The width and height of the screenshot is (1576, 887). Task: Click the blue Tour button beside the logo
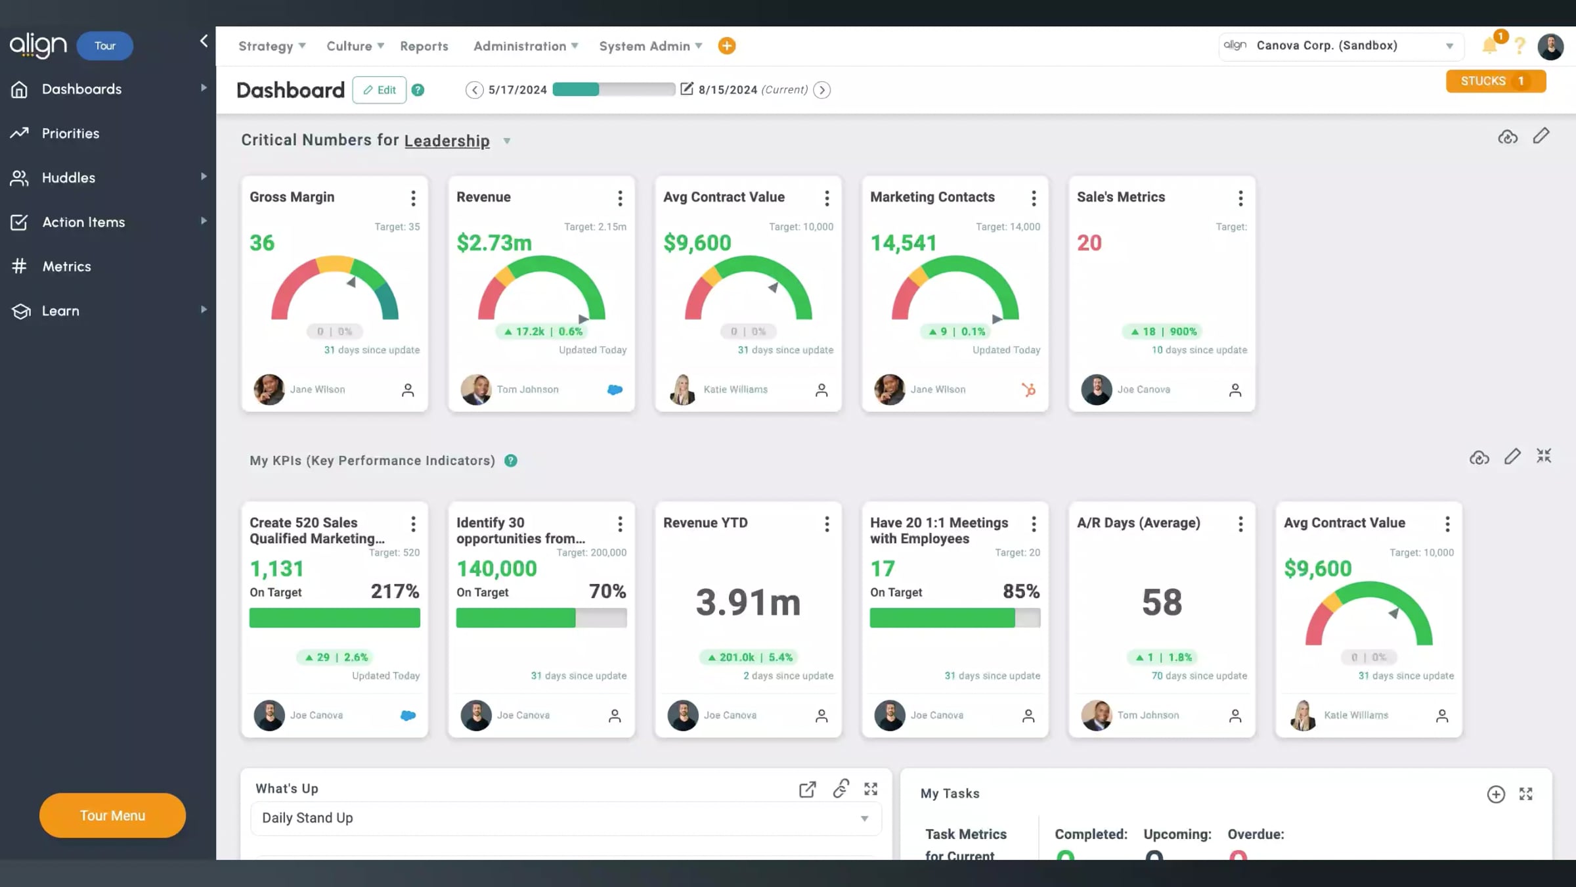pos(105,46)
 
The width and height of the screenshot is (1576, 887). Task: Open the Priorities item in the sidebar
pos(70,133)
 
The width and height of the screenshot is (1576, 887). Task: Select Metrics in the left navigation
pos(66,267)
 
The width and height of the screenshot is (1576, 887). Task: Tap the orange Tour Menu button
pos(112,815)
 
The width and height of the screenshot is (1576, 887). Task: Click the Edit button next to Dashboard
pos(380,90)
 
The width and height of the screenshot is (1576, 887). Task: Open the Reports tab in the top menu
pos(424,46)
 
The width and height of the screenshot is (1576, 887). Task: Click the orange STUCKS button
pos(1496,81)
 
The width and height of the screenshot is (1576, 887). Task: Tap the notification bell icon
pos(1490,45)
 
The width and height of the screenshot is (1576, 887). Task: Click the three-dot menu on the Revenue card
pos(620,198)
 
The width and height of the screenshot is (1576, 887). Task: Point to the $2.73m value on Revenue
pos(494,243)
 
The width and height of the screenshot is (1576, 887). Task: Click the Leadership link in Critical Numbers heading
pos(447,141)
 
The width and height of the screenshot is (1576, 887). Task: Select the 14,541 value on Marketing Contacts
pos(904,243)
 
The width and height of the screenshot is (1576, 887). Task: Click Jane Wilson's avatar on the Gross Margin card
pos(269,390)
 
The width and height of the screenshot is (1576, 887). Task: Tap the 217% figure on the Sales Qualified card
pos(395,591)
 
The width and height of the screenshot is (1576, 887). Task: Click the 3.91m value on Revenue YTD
pos(748,602)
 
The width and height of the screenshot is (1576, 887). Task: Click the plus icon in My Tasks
pos(1496,794)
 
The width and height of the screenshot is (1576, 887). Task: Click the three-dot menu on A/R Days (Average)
pos(1240,524)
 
